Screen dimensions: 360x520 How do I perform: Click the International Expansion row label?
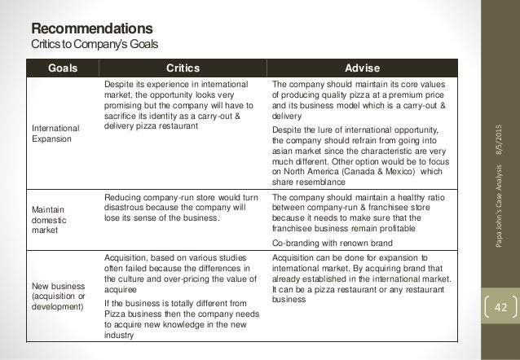(x=51, y=133)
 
